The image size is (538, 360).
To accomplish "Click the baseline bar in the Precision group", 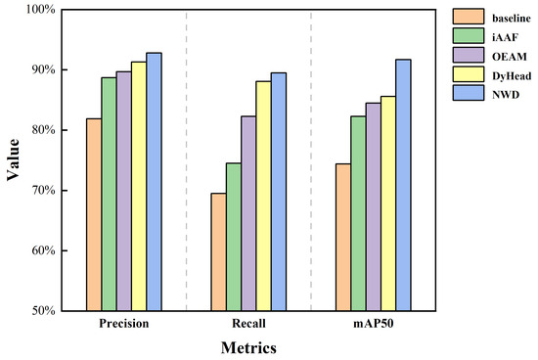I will pyautogui.click(x=94, y=214).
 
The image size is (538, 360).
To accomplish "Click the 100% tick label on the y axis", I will pyautogui.click(x=38, y=10).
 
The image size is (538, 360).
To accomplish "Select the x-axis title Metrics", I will pyautogui.click(x=247, y=347).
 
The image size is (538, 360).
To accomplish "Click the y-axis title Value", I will pyautogui.click(x=13, y=160).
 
